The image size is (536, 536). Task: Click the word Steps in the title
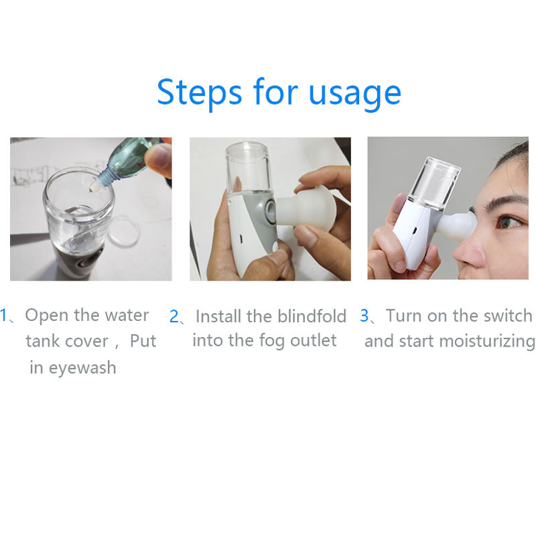[x=200, y=92]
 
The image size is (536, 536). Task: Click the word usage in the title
[x=355, y=94]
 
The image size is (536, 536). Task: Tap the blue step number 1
[x=3, y=315]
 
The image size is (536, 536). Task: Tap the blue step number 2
[x=174, y=316]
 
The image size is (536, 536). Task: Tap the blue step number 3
[x=364, y=316]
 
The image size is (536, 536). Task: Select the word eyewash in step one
[x=82, y=368]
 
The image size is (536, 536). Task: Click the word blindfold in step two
[x=312, y=316]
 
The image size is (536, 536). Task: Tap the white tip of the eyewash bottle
[x=94, y=186]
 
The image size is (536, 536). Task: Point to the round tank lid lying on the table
[x=124, y=231]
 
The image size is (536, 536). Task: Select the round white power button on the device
[x=275, y=246]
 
